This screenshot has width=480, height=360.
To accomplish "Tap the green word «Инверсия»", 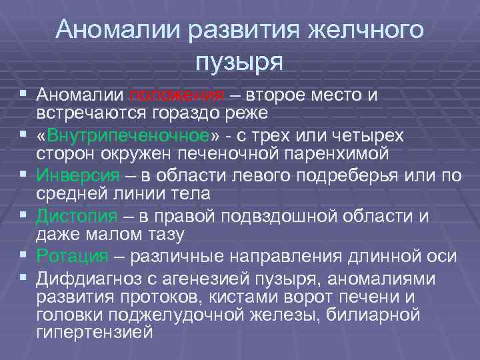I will (x=79, y=176).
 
